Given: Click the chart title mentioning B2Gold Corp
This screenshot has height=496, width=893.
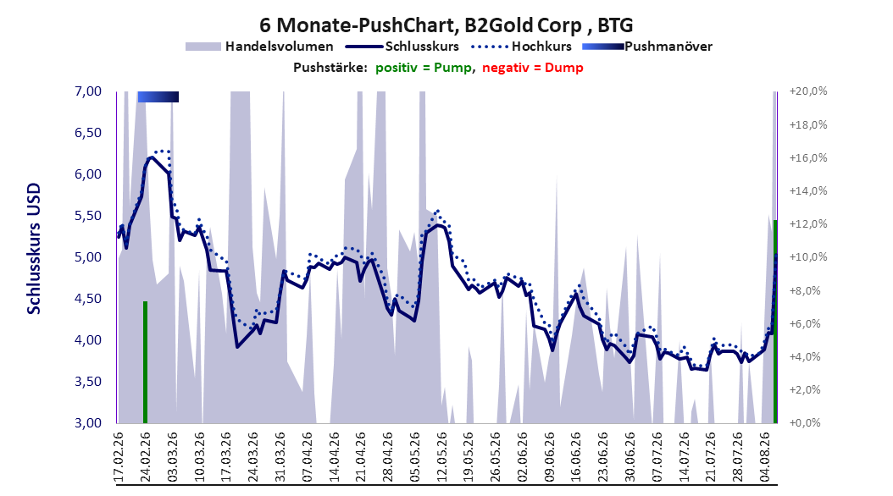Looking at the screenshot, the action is tap(446, 25).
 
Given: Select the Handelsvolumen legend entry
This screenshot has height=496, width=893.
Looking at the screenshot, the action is tap(260, 47).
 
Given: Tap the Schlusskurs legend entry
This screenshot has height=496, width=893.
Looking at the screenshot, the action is tap(402, 47).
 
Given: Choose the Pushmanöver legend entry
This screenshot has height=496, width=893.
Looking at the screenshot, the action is tap(647, 47).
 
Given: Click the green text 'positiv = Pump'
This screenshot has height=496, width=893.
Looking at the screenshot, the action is tap(423, 68).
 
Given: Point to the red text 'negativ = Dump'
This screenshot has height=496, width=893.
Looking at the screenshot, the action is tap(533, 68).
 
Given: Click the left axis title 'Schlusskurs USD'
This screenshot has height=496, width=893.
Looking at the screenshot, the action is tap(34, 249).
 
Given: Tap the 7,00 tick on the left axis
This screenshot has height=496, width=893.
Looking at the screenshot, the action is tap(88, 91).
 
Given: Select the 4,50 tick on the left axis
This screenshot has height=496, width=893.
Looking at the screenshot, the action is tap(88, 299).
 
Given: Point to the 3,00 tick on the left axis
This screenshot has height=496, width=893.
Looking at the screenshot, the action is tap(88, 422).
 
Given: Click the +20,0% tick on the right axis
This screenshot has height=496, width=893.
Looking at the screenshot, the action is tap(808, 91).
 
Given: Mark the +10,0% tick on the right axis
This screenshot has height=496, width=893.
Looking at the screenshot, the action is tap(808, 257).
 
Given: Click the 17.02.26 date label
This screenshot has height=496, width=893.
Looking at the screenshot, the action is tap(119, 457).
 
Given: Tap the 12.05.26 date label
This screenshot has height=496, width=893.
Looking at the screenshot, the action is tap(441, 457).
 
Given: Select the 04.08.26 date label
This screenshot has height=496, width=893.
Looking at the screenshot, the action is tap(765, 457).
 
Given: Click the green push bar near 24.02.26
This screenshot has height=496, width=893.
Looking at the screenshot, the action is tap(145, 361).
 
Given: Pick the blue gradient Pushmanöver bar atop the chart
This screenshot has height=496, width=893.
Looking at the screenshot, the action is tap(158, 96).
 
